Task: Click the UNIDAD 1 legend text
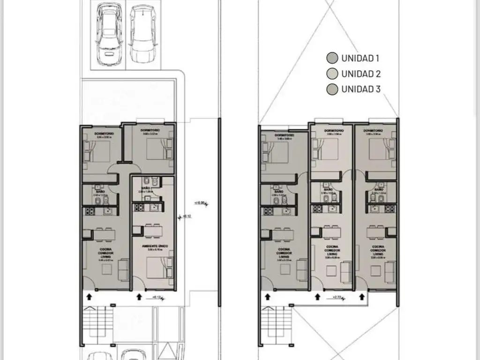(x=360, y=58)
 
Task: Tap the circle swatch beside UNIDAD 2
(x=332, y=74)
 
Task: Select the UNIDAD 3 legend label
(x=360, y=89)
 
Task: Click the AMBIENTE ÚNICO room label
(x=154, y=247)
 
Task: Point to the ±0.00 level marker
(x=200, y=203)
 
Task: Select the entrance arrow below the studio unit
(x=139, y=297)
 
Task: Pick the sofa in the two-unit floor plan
(x=124, y=270)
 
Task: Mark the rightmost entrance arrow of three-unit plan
(x=362, y=297)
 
